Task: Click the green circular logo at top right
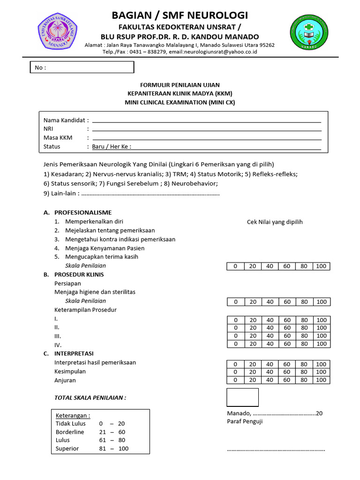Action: [308, 32]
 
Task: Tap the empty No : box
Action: [82, 67]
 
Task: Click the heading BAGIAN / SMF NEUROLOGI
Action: [180, 15]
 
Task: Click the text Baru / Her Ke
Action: [112, 146]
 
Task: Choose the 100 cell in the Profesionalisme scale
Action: [322, 266]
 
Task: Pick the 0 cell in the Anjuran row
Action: [236, 380]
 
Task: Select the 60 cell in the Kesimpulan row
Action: [287, 372]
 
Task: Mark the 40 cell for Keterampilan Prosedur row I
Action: [270, 320]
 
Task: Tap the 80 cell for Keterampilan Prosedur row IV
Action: [304, 344]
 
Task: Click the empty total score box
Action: [242, 397]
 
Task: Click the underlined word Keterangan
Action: [73, 415]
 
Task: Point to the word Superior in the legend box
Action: [67, 449]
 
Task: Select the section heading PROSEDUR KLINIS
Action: [79, 275]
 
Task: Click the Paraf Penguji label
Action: [245, 421]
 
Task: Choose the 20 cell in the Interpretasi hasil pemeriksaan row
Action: [253, 364]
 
